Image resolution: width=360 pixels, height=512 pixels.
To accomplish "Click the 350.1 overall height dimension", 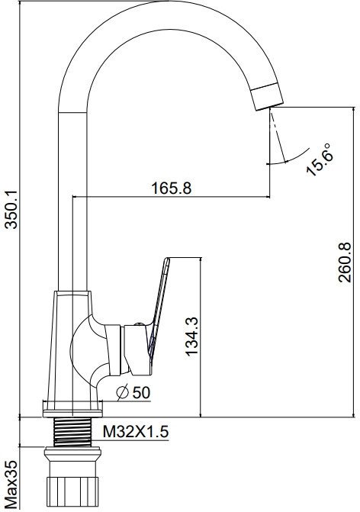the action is (12, 210).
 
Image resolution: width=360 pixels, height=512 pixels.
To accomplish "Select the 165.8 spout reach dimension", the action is (172, 188).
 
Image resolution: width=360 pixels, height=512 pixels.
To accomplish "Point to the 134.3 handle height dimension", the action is (191, 337).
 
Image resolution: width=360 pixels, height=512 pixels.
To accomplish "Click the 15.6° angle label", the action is (320, 159).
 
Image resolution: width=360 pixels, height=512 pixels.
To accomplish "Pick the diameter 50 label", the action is (133, 392).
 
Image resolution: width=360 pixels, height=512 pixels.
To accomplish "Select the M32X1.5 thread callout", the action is (136, 431).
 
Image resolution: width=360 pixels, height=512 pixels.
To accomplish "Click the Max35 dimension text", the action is (11, 485).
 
